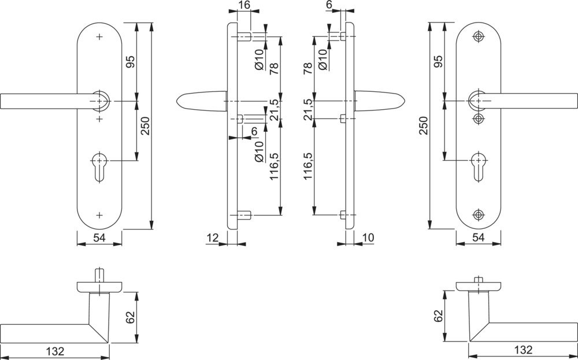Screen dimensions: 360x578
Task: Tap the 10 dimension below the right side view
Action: pyautogui.click(x=368, y=237)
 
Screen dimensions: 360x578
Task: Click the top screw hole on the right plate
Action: pyautogui.click(x=478, y=37)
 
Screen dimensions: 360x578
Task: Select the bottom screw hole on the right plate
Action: pyautogui.click(x=478, y=214)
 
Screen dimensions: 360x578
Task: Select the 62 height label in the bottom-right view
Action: pyautogui.click(x=438, y=316)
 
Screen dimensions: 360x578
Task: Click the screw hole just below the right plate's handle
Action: pyautogui.click(x=478, y=118)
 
